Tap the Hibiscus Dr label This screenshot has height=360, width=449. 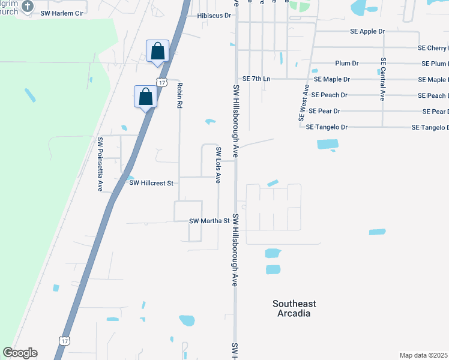[x=214, y=16]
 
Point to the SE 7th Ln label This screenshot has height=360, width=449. [x=257, y=79]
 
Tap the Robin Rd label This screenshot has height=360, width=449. [x=179, y=95]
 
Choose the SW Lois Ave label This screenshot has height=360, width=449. [x=218, y=160]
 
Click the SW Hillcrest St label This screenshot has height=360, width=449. [x=151, y=183]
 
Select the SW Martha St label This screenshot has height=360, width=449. [x=210, y=221]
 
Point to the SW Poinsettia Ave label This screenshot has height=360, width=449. [x=100, y=164]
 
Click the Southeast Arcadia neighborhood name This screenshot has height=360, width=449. [x=294, y=308]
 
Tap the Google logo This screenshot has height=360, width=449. [x=20, y=353]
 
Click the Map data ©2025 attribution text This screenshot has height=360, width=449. [x=424, y=355]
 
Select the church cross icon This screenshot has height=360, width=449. [x=27, y=6]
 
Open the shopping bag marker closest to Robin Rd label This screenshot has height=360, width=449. [x=145, y=96]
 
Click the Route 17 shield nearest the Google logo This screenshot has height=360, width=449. [x=64, y=341]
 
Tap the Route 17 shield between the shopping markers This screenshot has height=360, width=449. [x=161, y=81]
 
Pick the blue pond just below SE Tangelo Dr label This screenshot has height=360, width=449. [x=328, y=144]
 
